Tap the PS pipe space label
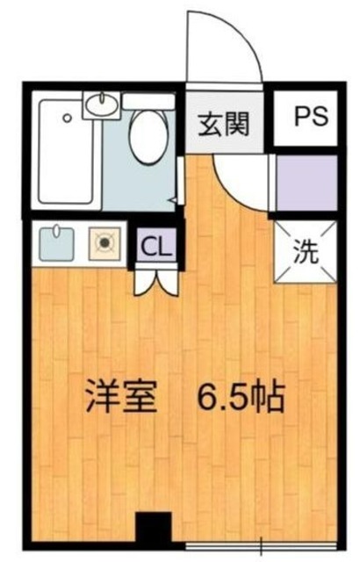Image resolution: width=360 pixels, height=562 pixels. (306, 117)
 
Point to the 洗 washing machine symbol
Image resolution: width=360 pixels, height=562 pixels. (306, 252)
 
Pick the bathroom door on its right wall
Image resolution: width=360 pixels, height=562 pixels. (179, 185)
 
